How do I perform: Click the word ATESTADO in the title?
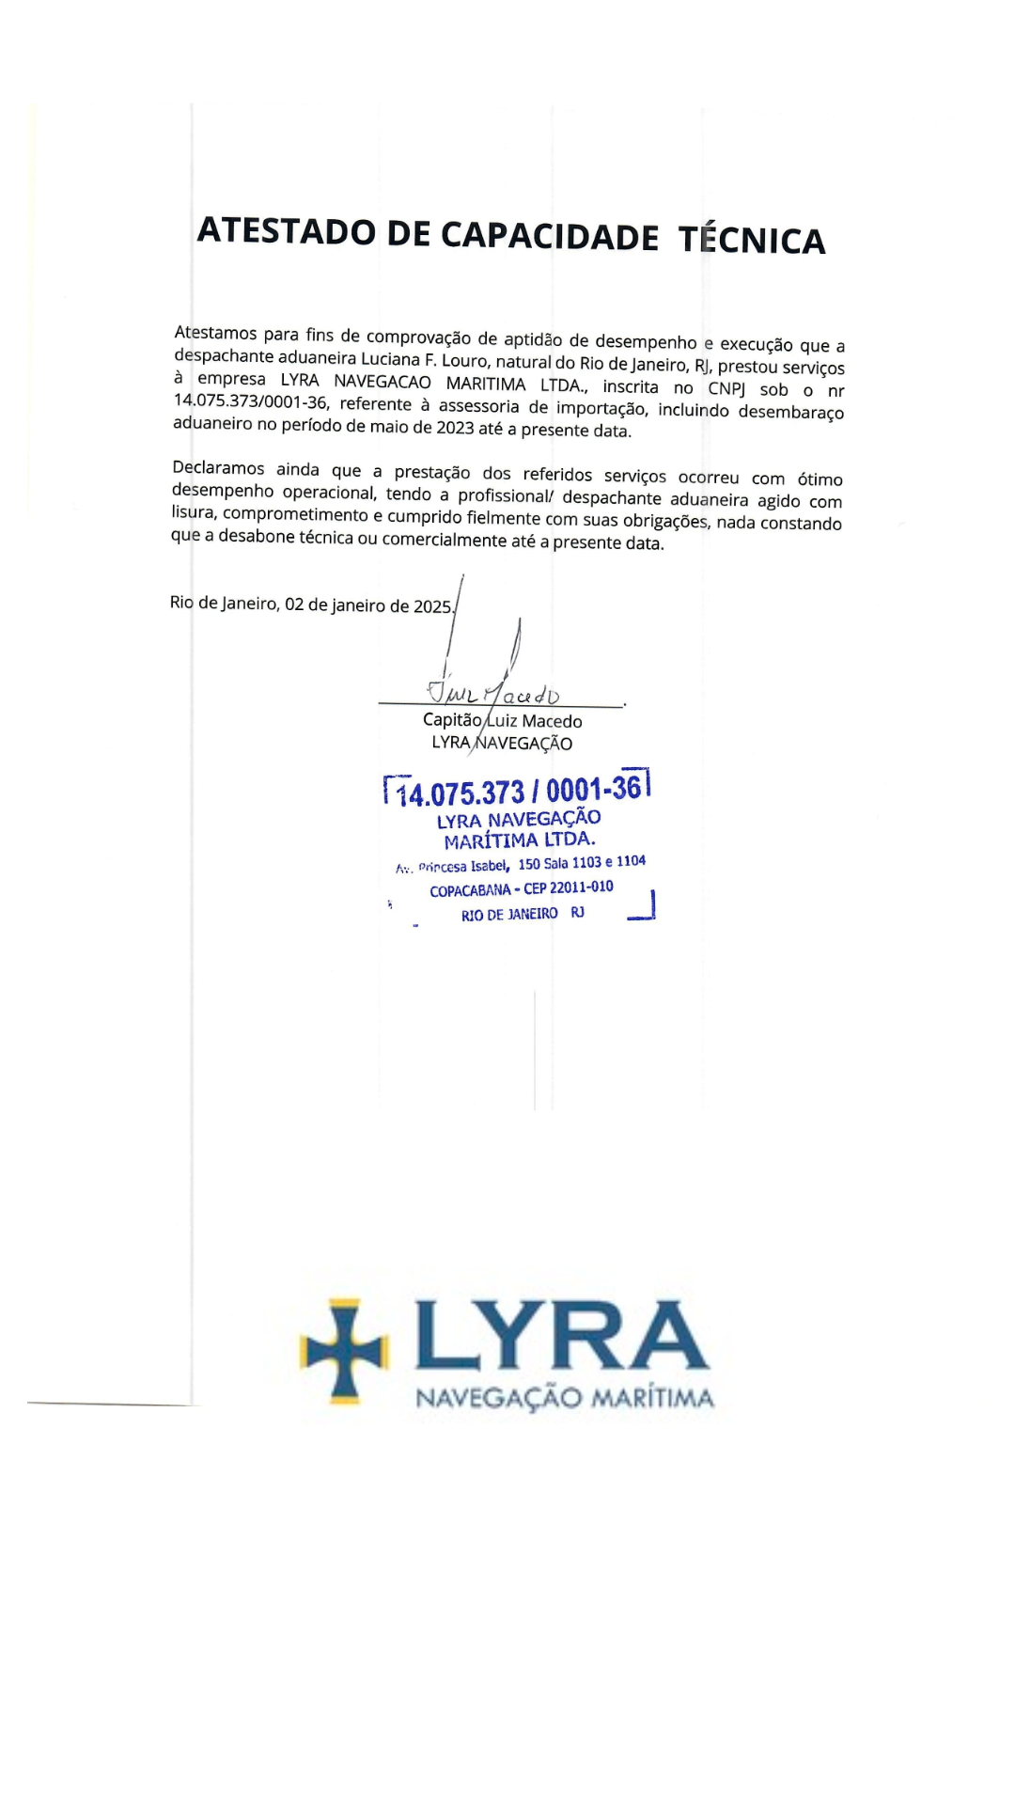pos(287,231)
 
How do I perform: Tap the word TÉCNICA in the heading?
pos(752,240)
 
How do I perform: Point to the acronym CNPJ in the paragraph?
pos(726,388)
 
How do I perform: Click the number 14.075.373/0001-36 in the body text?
pos(251,401)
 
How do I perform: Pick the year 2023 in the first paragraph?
pos(456,428)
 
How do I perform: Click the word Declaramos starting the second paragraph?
pos(218,468)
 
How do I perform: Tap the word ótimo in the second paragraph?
pos(820,479)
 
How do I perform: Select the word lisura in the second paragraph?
pos(193,512)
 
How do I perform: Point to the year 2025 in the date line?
pos(433,606)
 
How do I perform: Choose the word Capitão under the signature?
pos(452,719)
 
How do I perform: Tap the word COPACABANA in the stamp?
pos(470,890)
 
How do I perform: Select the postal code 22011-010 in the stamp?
pos(581,887)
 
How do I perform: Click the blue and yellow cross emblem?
pos(343,1351)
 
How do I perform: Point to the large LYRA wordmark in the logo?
pos(561,1336)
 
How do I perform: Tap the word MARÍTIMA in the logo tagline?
pos(652,1399)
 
